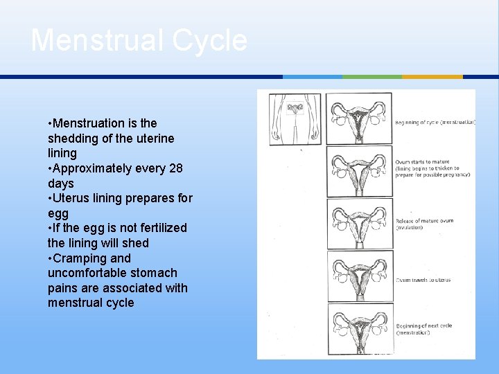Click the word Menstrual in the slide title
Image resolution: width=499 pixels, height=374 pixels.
(x=96, y=40)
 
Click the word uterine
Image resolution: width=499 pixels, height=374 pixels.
(x=152, y=139)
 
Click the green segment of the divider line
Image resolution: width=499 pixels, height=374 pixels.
(x=372, y=76)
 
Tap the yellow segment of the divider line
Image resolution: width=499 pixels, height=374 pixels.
(x=432, y=76)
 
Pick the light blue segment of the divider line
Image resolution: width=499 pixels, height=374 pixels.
(x=313, y=76)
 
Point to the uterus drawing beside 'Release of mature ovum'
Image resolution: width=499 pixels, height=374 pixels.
(x=359, y=223)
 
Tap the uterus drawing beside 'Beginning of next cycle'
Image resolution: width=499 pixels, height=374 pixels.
(x=359, y=328)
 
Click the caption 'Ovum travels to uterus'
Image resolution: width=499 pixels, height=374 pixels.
(x=423, y=280)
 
